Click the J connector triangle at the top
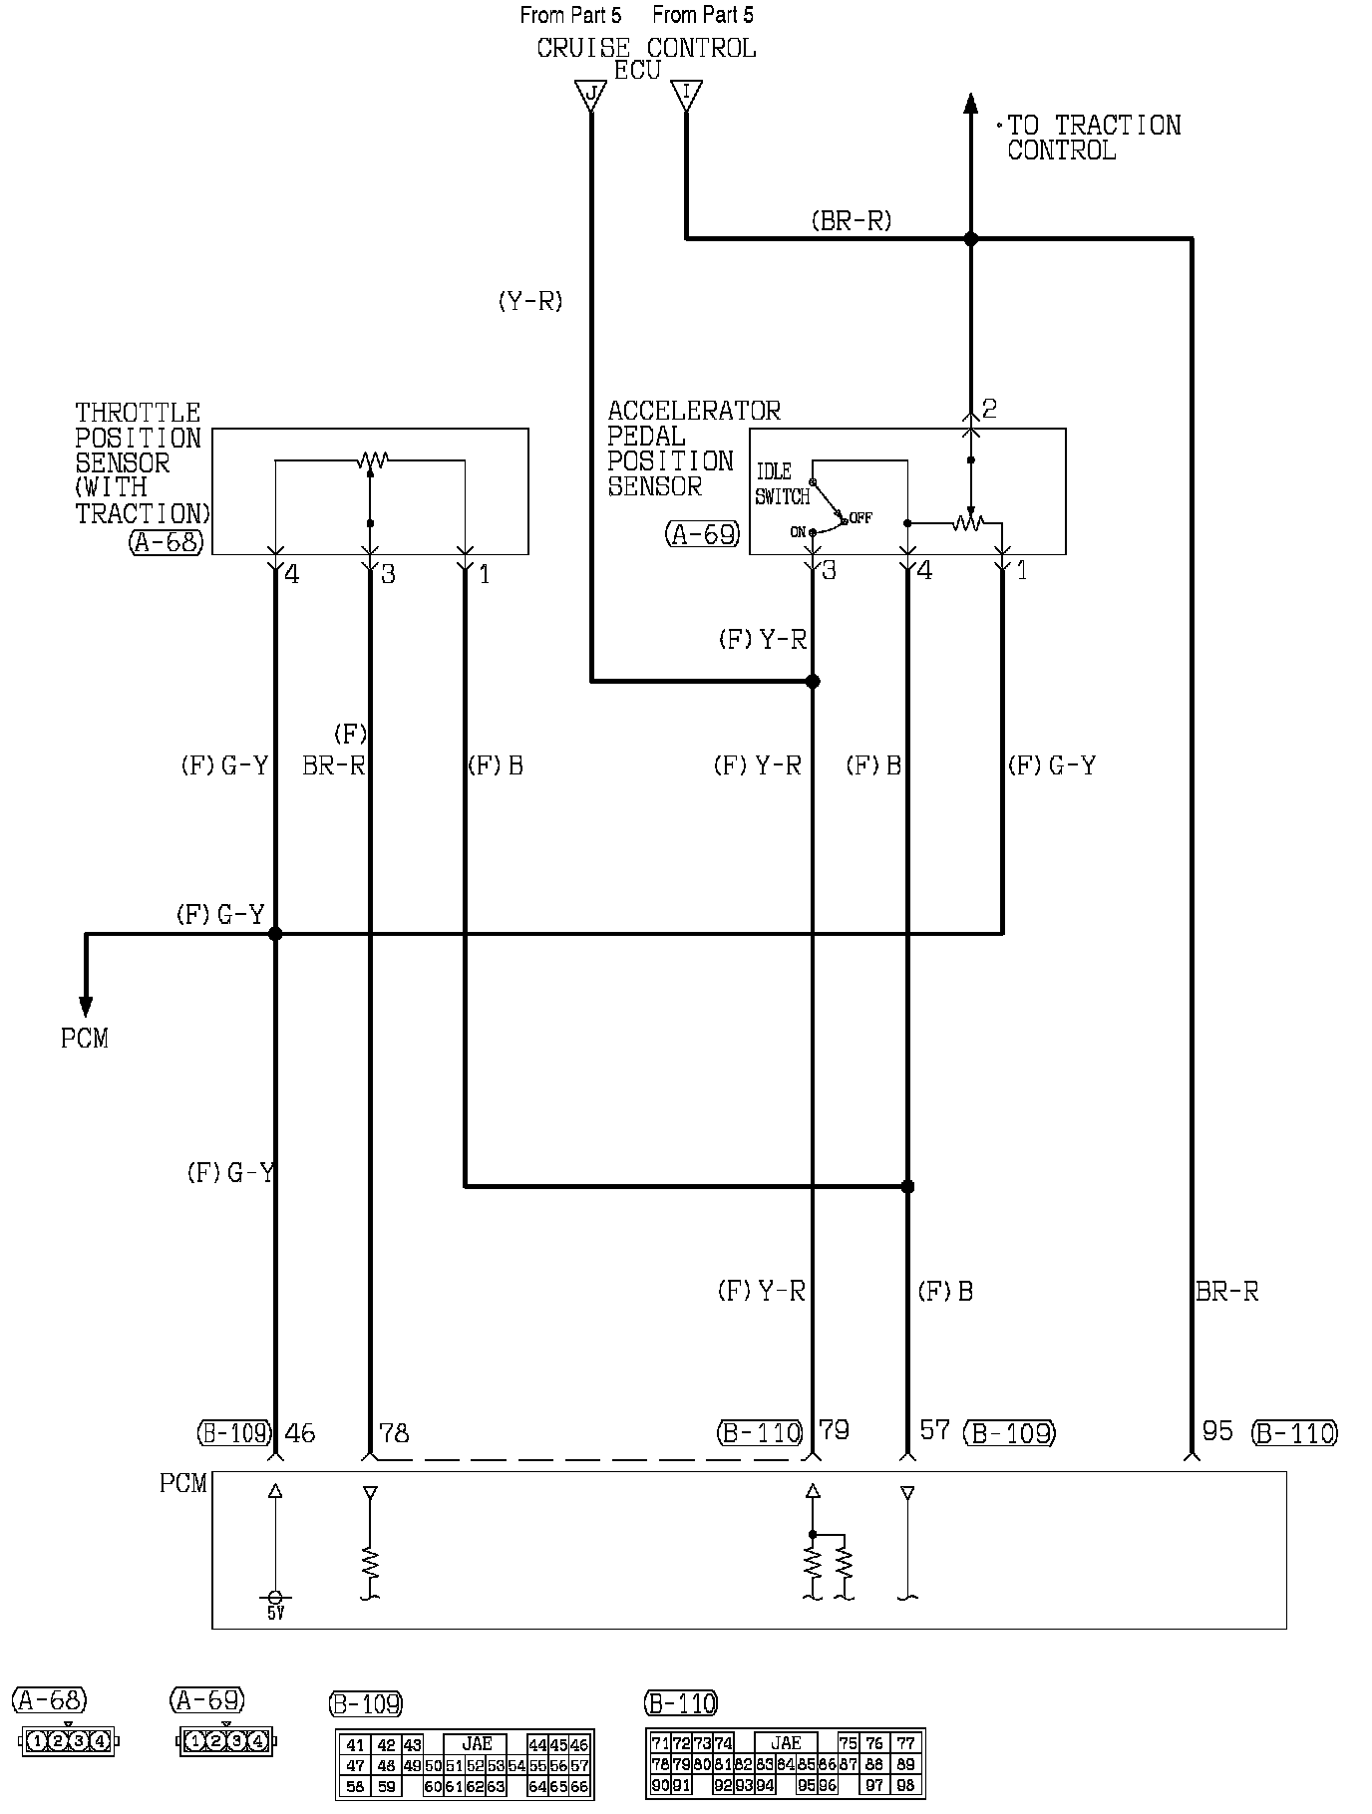point(591,96)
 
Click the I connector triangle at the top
point(686,96)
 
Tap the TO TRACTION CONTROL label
point(1093,138)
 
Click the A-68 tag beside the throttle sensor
point(168,542)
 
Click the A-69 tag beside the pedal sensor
point(703,534)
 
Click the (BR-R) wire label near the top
point(851,221)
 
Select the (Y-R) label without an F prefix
point(530,301)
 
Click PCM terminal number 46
point(300,1433)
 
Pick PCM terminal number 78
point(394,1433)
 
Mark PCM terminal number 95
point(1217,1431)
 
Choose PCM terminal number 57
point(934,1430)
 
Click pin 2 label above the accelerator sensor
point(989,408)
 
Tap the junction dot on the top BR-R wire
point(970,239)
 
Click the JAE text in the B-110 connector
point(786,1742)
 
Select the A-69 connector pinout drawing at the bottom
point(226,1741)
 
